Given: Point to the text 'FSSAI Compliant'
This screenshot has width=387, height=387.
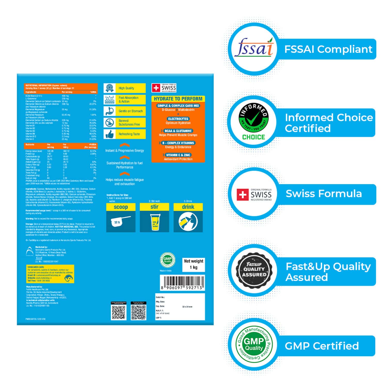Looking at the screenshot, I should (x=328, y=49).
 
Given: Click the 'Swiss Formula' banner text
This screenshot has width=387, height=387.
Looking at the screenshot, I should (x=324, y=194).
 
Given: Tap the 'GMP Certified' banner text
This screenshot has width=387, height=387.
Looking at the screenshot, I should (x=322, y=346).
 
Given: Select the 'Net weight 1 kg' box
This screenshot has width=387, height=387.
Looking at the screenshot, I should (x=193, y=264).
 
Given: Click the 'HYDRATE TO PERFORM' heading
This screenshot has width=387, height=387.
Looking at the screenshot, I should (x=178, y=99).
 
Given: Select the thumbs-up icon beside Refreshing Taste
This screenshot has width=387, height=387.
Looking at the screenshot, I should (x=109, y=134).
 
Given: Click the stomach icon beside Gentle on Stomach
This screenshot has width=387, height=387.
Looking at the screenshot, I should (x=109, y=111).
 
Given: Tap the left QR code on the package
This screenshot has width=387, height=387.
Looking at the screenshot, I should (x=119, y=312).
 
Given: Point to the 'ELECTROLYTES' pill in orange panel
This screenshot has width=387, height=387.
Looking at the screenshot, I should (x=178, y=119).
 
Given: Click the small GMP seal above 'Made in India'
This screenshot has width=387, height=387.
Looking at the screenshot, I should (x=167, y=260).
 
